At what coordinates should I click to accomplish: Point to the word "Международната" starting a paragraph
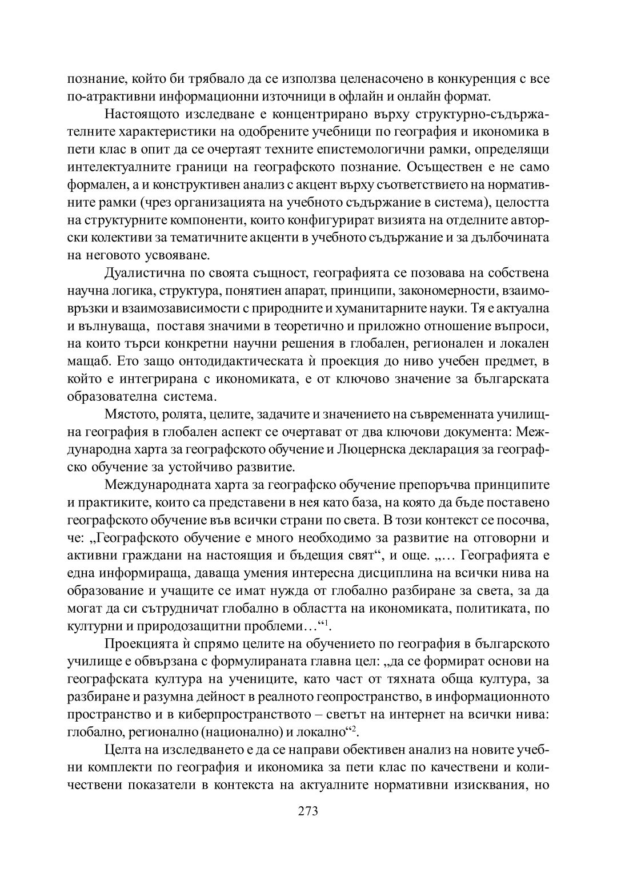point(152,486)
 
